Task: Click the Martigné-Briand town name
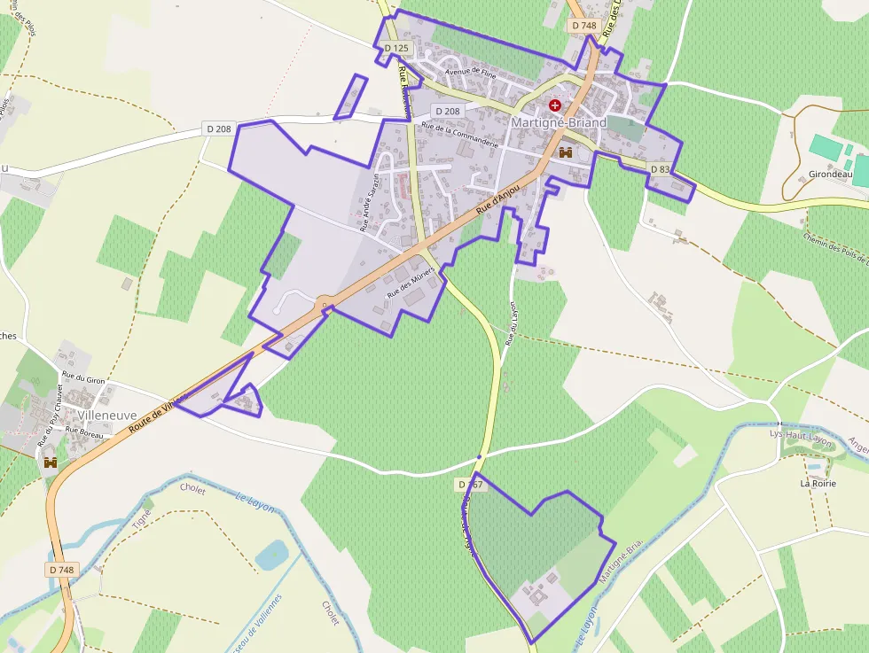point(559,122)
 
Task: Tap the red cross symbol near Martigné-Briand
point(555,105)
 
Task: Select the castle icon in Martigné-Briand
point(565,152)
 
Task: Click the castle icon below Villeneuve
point(51,462)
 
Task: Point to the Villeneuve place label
point(107,414)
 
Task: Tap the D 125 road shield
point(396,48)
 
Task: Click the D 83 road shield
point(660,169)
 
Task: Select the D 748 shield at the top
point(584,26)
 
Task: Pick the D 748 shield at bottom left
point(62,569)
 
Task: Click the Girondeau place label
point(830,175)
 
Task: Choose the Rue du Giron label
point(83,379)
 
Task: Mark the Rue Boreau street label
point(85,434)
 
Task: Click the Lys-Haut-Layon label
point(802,434)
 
